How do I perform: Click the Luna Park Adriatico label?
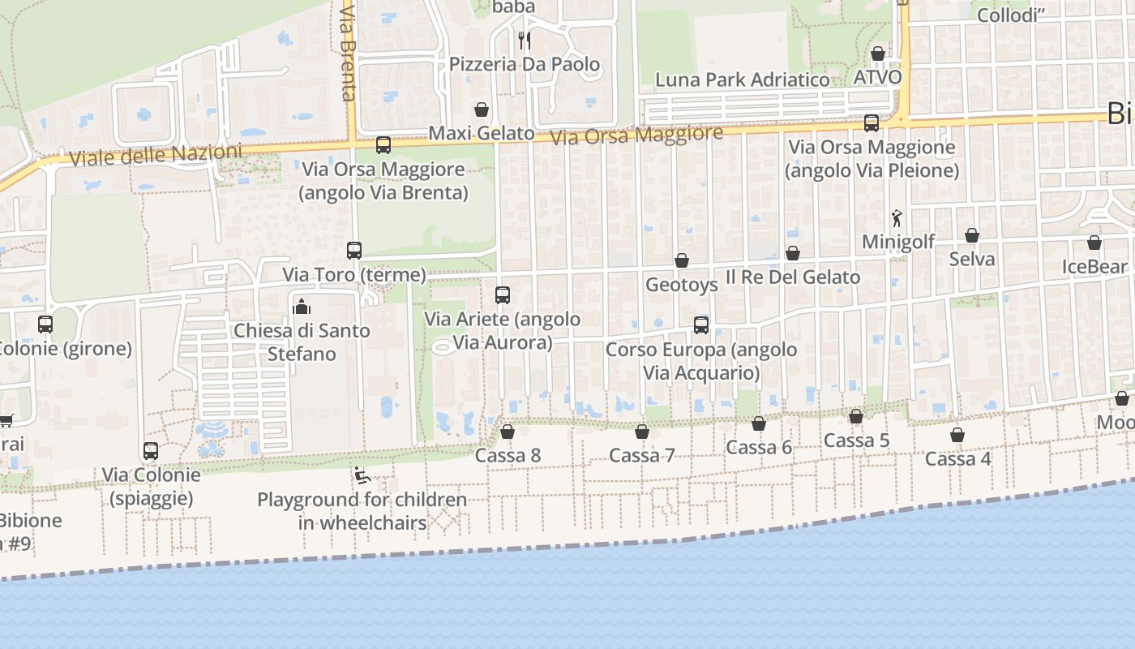[x=742, y=80]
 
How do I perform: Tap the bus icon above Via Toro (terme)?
[x=353, y=251]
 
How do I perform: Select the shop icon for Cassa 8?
[x=508, y=432]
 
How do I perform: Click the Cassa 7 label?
[x=642, y=456]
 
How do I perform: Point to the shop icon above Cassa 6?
[x=759, y=423]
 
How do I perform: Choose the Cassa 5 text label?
[x=856, y=441]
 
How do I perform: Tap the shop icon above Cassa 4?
[x=957, y=435]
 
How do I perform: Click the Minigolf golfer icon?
[x=897, y=217]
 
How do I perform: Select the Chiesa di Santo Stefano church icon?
[x=302, y=306]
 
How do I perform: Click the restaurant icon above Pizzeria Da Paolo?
[x=525, y=39]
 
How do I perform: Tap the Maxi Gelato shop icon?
[x=482, y=110]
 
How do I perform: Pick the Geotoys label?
[x=682, y=285]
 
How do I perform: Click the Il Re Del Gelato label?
[x=792, y=277]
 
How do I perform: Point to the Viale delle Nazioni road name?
[x=156, y=155]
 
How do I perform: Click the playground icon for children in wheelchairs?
[x=362, y=475]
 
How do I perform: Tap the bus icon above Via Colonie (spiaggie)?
[x=151, y=450]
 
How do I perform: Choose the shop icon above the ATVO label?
[x=877, y=54]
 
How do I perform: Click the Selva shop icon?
[x=971, y=235]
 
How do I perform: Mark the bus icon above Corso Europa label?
[x=701, y=325]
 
